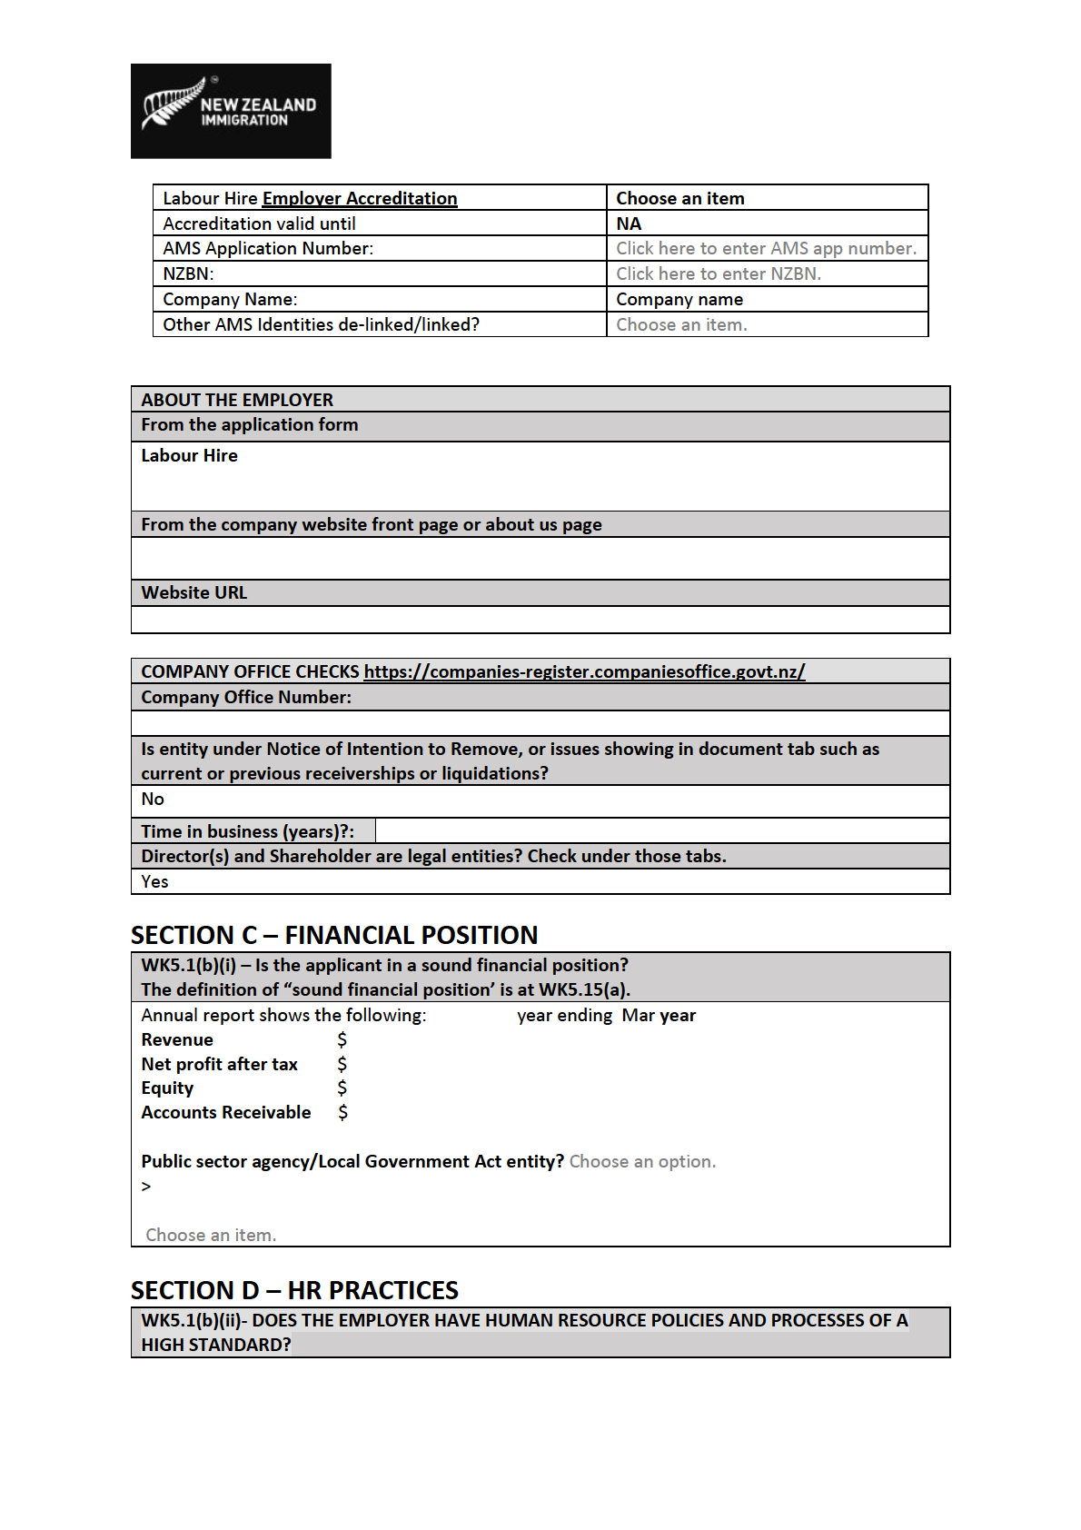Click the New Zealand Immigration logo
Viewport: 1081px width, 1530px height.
click(231, 111)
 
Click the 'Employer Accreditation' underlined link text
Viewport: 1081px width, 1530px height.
click(360, 198)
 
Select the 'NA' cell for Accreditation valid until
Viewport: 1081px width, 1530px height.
click(629, 224)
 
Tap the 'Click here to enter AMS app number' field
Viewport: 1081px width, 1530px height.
click(766, 248)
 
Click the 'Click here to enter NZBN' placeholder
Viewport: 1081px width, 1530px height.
click(718, 273)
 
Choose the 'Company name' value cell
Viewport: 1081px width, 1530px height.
click(679, 299)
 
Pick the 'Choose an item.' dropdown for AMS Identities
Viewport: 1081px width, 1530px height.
click(681, 324)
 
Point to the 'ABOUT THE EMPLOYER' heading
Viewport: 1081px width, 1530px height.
click(237, 400)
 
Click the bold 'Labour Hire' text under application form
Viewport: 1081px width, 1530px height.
click(189, 455)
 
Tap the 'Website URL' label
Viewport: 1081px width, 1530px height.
click(193, 592)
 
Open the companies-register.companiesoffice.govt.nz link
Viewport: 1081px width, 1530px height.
click(584, 671)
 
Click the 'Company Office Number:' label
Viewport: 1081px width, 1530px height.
click(246, 697)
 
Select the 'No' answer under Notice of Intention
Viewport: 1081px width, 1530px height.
click(153, 799)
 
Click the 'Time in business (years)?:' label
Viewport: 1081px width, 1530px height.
click(247, 831)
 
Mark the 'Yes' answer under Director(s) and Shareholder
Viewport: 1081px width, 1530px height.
click(154, 881)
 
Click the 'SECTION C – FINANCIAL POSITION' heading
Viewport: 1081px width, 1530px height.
click(334, 935)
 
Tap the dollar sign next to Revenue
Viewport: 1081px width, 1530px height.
click(342, 1039)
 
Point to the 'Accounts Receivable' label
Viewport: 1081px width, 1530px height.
click(226, 1112)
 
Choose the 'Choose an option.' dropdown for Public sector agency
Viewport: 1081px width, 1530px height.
click(642, 1161)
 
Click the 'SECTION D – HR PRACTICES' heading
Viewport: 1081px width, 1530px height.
click(294, 1290)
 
